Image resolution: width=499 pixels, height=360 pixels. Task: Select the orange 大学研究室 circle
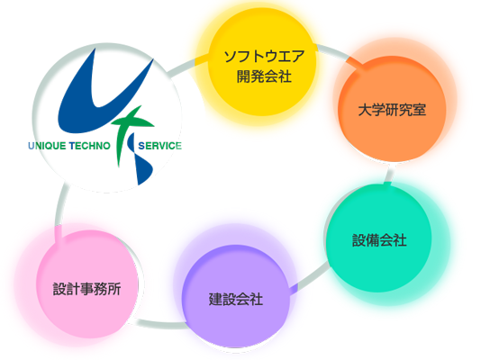(x=392, y=109)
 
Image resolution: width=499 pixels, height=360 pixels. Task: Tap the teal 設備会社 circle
(x=379, y=238)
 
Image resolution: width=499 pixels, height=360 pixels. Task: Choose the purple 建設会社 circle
(x=236, y=298)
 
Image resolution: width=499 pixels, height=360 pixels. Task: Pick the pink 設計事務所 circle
(x=87, y=284)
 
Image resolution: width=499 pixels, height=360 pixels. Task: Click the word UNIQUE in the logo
(x=47, y=146)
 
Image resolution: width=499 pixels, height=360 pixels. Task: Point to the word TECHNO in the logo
(x=89, y=146)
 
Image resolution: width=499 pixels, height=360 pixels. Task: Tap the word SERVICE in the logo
(x=159, y=146)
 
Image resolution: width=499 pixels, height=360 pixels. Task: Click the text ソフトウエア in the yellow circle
(x=264, y=57)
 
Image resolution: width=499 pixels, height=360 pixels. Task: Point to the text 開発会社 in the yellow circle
(x=264, y=76)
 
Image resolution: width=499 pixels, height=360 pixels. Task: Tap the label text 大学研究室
(x=392, y=110)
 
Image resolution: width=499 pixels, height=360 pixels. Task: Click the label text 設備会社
(x=379, y=240)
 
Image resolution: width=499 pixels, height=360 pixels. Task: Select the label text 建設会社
(x=236, y=300)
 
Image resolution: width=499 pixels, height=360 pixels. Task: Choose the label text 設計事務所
(x=86, y=289)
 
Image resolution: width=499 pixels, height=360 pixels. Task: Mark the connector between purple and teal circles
(x=309, y=276)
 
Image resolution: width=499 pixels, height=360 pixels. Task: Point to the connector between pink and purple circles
(x=159, y=324)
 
